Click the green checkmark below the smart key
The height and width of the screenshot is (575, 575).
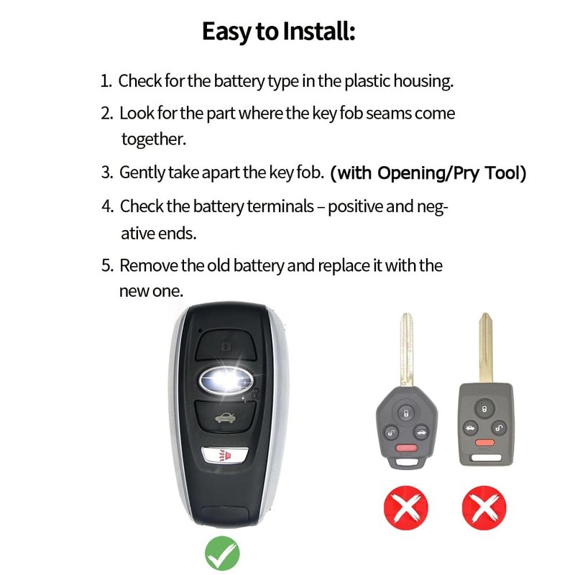click(222, 553)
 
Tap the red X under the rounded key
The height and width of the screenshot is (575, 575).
click(406, 507)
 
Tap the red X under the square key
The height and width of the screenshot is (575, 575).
click(484, 507)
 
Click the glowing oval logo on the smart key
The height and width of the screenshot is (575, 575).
click(226, 380)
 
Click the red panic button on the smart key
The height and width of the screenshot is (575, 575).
click(225, 456)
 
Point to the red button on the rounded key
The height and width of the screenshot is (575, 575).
click(406, 448)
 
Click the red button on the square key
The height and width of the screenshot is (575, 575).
click(484, 443)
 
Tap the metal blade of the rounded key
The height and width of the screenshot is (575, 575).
click(406, 349)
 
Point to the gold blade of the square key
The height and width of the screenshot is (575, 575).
click(486, 347)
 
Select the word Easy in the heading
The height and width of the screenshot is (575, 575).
click(226, 32)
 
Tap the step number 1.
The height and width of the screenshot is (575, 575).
click(106, 81)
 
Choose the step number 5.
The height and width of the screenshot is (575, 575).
click(106, 265)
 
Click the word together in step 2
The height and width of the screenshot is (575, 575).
click(154, 139)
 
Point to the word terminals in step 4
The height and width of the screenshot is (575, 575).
click(280, 206)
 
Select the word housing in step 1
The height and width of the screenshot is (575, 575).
click(423, 81)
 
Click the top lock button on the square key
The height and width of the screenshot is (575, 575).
click(484, 408)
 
